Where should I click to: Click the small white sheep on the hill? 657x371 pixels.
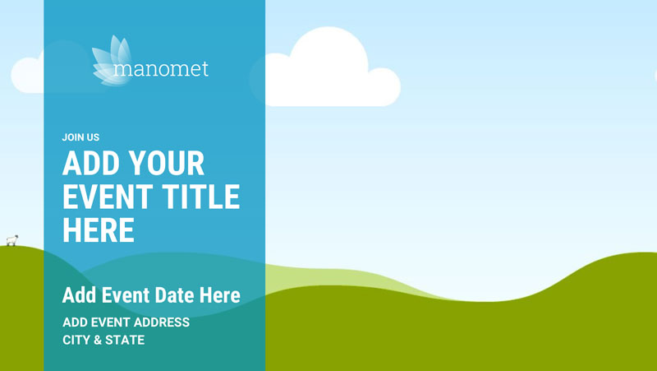point(12,240)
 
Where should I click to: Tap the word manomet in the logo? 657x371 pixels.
point(161,69)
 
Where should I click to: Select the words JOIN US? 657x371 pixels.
point(80,137)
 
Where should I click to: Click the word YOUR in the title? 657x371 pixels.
point(167,163)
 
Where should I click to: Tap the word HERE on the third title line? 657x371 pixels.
point(99,230)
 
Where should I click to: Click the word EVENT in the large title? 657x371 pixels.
point(108,197)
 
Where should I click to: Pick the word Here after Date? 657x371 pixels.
point(219,295)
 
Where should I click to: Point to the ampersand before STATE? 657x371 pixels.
point(98,340)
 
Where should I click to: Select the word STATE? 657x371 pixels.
point(125,340)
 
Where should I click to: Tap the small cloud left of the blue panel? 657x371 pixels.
point(27,75)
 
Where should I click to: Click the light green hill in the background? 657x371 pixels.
point(335,278)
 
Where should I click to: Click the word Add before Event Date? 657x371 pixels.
point(80,295)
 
